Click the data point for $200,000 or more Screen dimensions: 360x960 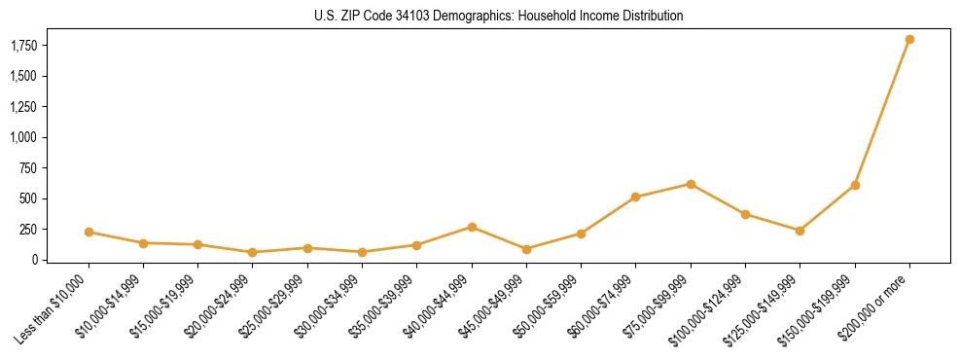(x=909, y=40)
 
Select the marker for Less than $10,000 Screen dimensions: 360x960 (x=89, y=232)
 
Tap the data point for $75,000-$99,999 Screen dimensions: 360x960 (x=691, y=184)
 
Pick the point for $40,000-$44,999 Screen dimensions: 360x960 (x=472, y=227)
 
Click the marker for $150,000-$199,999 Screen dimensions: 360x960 (x=855, y=185)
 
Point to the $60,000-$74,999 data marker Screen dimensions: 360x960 (x=635, y=197)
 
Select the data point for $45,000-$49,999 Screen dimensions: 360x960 (x=526, y=249)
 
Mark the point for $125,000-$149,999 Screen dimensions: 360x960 (x=800, y=231)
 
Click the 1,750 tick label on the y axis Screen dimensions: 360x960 (x=23, y=46)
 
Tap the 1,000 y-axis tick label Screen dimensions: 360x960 (x=23, y=137)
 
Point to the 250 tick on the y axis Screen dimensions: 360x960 (x=28, y=230)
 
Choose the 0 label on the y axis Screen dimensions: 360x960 (x=35, y=260)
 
